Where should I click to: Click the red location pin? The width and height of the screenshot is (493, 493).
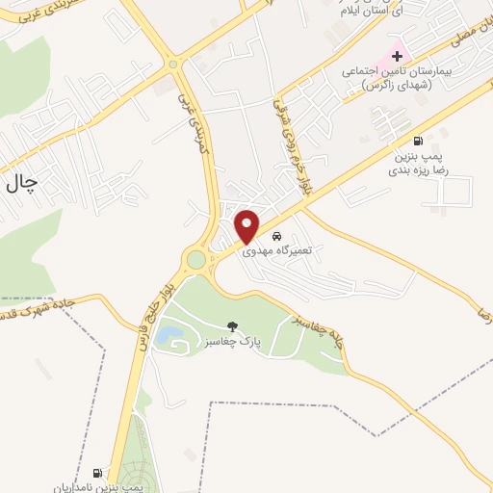coord(247,225)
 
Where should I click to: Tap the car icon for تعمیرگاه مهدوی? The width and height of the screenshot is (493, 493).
coord(277,236)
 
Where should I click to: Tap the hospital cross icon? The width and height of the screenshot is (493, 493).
coord(396,57)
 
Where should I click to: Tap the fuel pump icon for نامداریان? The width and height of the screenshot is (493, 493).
coord(97,473)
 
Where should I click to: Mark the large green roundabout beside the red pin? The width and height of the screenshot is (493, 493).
coord(196,259)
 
